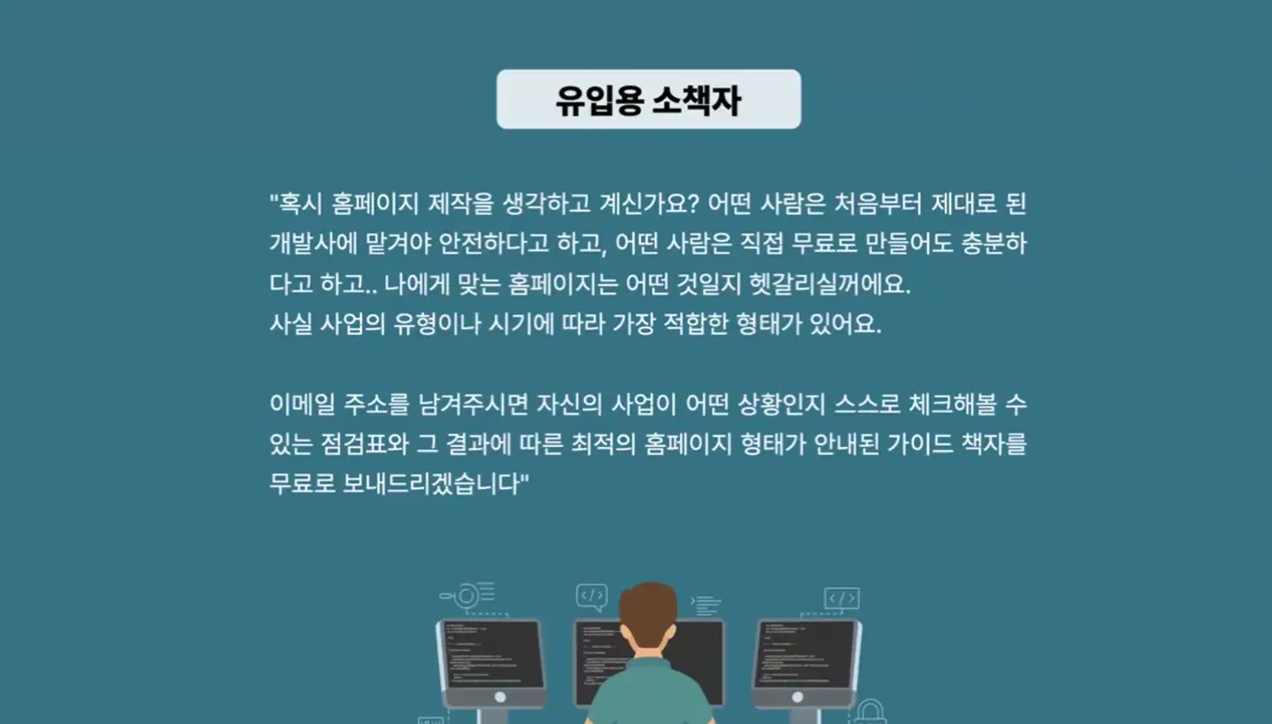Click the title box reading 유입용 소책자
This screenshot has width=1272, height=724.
(648, 99)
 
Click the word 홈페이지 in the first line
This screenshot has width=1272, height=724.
(375, 204)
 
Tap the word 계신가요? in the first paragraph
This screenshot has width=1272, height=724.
(649, 204)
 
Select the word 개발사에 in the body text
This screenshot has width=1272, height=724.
(313, 244)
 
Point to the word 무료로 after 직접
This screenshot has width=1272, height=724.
(824, 244)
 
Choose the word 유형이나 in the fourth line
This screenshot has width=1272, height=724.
(437, 324)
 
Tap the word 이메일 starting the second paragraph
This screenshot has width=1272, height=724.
(302, 404)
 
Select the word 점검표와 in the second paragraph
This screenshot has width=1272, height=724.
(364, 444)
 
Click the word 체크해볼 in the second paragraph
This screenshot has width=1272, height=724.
(952, 404)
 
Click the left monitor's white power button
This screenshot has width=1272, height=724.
(499, 697)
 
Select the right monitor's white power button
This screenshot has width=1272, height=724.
(797, 697)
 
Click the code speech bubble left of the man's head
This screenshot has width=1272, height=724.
(591, 597)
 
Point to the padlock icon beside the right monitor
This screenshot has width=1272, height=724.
(870, 713)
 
